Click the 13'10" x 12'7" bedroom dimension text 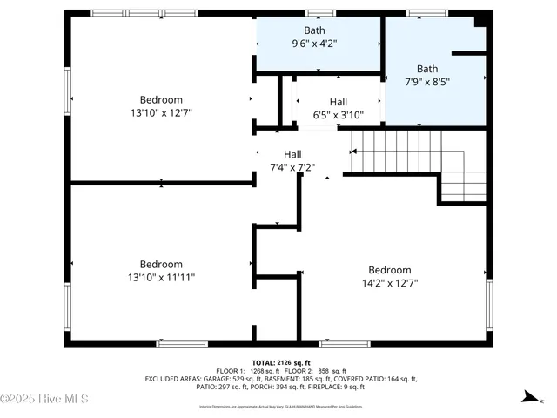[x=162, y=112]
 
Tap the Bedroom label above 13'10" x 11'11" [x=162, y=265]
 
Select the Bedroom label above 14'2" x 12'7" [x=390, y=270]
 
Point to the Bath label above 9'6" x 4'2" [x=314, y=30]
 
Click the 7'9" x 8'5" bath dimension [x=427, y=82]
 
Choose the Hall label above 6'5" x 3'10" [x=338, y=102]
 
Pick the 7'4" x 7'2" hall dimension [x=292, y=167]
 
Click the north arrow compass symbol [x=527, y=397]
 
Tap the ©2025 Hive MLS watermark [x=45, y=400]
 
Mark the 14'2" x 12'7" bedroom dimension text [x=390, y=283]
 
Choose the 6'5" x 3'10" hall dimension [x=338, y=114]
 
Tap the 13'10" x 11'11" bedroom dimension [x=162, y=278]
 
